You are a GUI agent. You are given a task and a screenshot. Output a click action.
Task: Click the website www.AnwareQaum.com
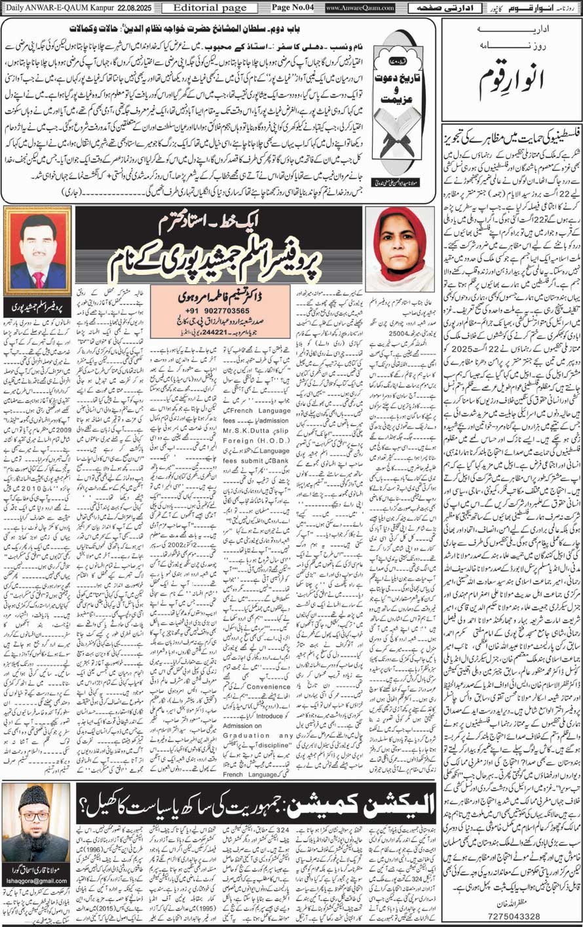click(x=360, y=8)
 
